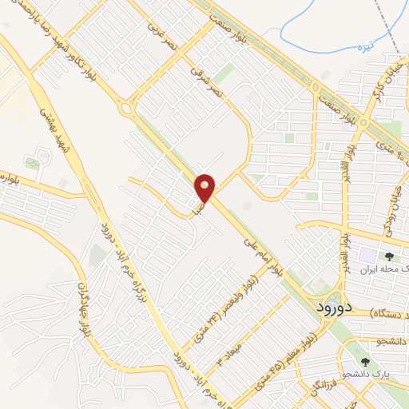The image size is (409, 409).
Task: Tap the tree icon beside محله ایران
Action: click(389, 256)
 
